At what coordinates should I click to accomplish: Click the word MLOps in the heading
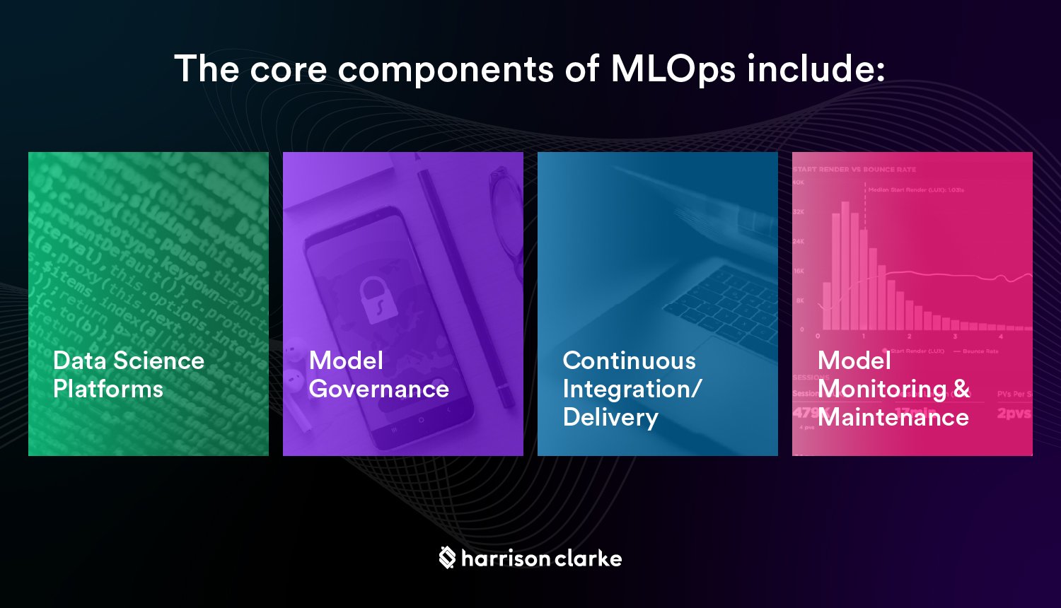click(672, 69)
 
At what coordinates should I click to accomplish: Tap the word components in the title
click(446, 70)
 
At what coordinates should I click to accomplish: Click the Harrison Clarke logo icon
click(446, 557)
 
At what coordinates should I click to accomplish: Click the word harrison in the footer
click(505, 559)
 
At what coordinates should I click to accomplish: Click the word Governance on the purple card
click(378, 389)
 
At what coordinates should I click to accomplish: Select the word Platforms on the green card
click(108, 389)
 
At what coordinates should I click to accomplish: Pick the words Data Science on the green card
click(128, 361)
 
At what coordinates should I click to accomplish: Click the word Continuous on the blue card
click(629, 361)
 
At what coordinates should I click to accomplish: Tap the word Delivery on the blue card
click(610, 417)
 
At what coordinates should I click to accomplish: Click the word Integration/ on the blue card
click(632, 389)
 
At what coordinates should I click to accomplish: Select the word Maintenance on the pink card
click(893, 417)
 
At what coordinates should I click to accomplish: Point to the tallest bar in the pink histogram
click(845, 265)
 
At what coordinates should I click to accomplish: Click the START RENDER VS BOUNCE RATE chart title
click(854, 170)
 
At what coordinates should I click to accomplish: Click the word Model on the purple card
click(346, 361)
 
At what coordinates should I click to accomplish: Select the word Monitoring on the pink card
click(881, 389)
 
